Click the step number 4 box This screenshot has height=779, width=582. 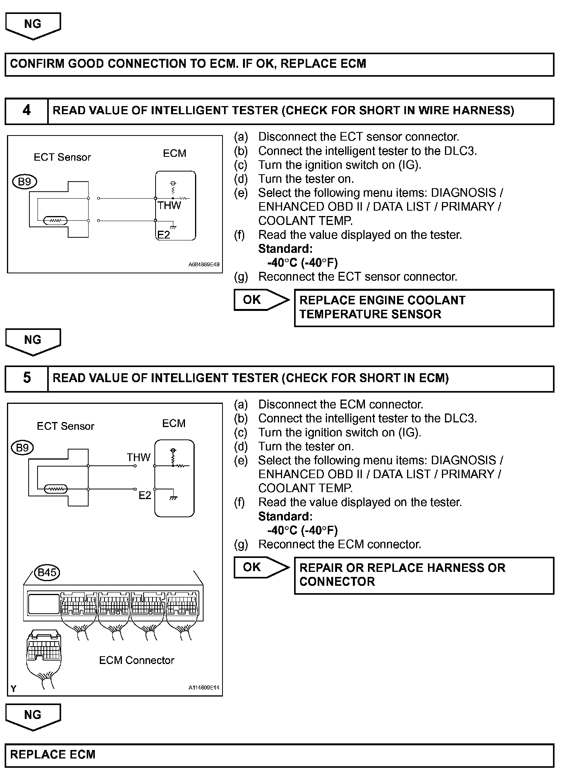[x=26, y=111]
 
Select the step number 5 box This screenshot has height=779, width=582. [x=26, y=378]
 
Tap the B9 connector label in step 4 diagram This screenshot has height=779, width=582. [x=25, y=181]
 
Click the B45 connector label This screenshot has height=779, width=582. [x=47, y=572]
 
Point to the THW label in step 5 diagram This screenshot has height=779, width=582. [x=138, y=457]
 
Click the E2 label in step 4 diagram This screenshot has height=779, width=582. [x=164, y=235]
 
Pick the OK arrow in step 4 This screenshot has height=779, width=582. [x=261, y=300]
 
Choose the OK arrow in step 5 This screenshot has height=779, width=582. [x=261, y=567]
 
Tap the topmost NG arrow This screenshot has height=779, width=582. [x=33, y=25]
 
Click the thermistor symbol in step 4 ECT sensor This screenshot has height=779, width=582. [x=56, y=221]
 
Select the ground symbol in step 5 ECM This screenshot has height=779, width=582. [x=173, y=498]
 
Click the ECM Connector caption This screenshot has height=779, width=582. [x=137, y=660]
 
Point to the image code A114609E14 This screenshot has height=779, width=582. [x=204, y=688]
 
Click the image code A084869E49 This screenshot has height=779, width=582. [x=204, y=265]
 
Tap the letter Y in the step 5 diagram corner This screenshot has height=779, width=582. [x=14, y=688]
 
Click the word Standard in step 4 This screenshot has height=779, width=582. [x=285, y=249]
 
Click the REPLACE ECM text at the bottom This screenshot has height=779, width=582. [x=53, y=754]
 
